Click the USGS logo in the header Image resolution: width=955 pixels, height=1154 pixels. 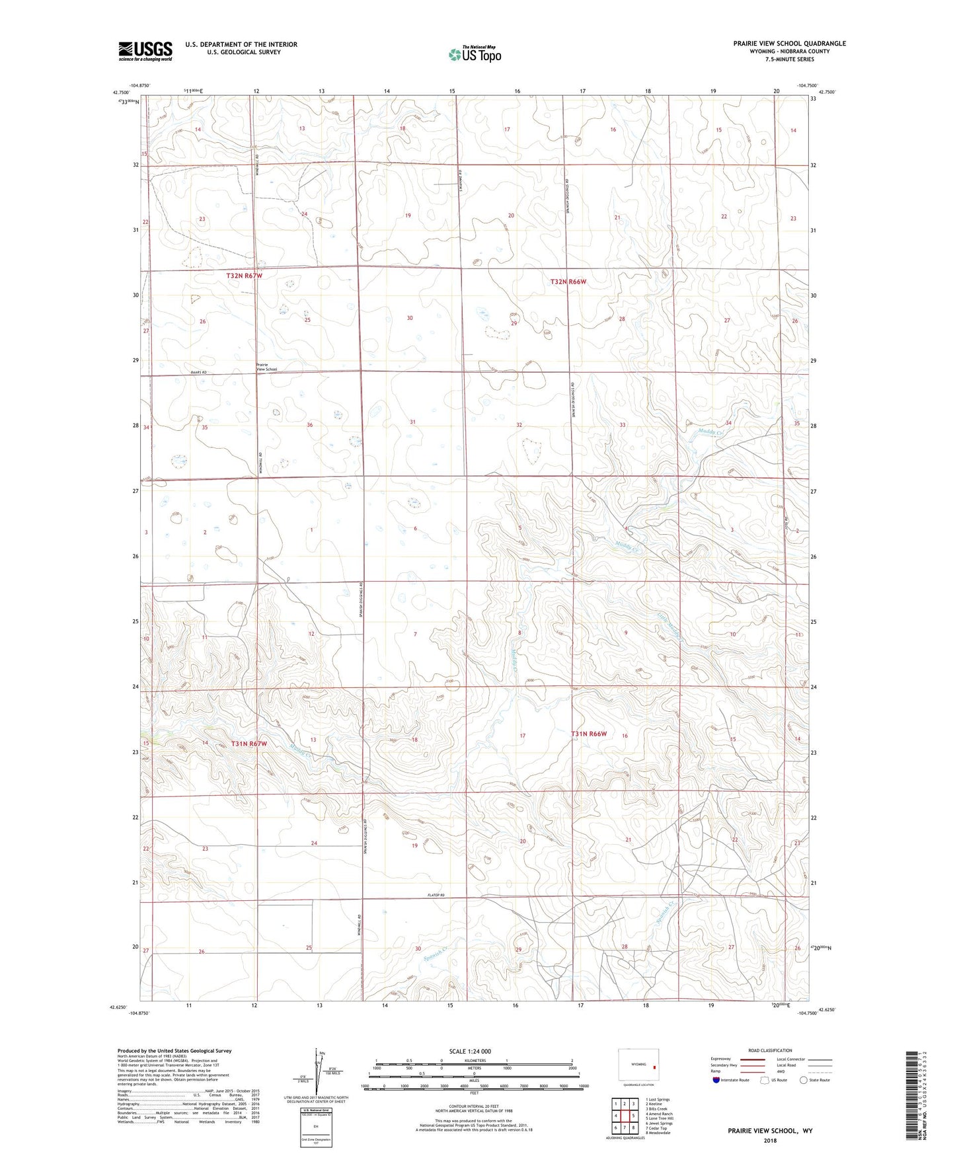(x=145, y=51)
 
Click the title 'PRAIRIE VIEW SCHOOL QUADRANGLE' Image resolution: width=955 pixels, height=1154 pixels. (x=789, y=44)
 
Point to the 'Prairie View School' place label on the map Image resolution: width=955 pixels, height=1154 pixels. (x=266, y=367)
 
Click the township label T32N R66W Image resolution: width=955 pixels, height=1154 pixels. (x=568, y=282)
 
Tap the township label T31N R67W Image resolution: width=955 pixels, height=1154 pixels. (x=249, y=744)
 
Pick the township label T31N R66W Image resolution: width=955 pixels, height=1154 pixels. (x=589, y=734)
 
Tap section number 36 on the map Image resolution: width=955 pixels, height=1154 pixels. (x=309, y=425)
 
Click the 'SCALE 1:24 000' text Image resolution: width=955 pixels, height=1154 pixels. (x=470, y=1052)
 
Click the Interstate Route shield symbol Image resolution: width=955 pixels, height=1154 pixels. (x=717, y=1080)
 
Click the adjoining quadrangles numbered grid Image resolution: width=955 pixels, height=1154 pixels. (x=624, y=1117)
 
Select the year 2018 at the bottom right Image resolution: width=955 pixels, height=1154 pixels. (x=770, y=1140)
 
